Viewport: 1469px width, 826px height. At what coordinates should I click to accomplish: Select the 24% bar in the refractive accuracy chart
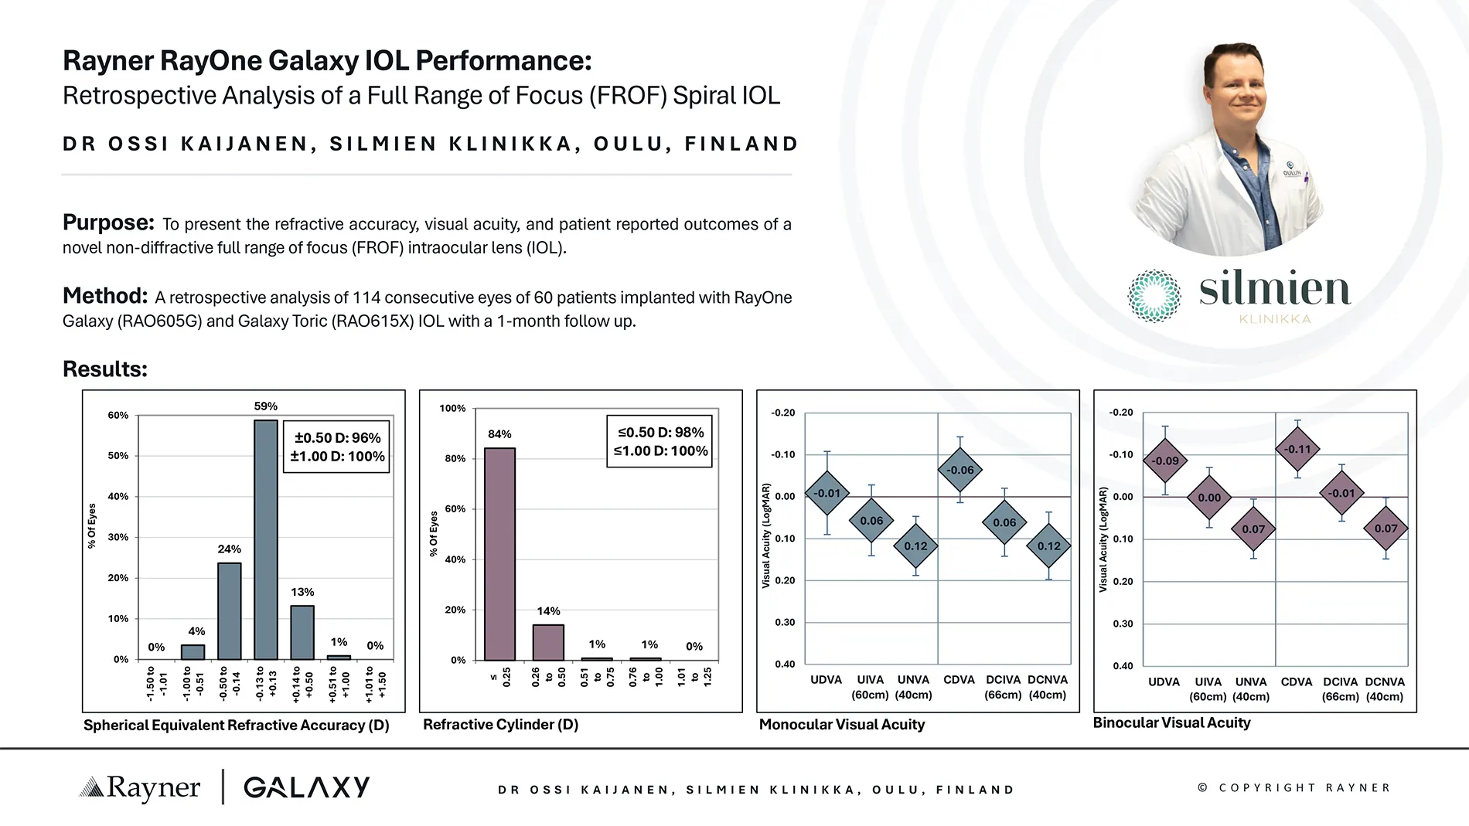tap(229, 610)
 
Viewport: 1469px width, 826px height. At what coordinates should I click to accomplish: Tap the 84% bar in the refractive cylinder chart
tap(499, 554)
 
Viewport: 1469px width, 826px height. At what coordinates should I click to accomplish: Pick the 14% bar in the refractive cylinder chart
tap(548, 642)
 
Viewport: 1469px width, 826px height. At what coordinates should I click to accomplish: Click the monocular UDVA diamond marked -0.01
tap(827, 493)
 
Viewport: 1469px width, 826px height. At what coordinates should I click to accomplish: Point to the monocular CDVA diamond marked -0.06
tap(960, 470)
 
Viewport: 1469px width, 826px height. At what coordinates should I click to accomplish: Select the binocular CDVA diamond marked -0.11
tap(1297, 449)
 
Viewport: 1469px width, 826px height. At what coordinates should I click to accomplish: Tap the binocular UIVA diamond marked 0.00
tap(1209, 498)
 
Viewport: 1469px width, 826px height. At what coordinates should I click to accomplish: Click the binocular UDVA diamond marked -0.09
tap(1165, 461)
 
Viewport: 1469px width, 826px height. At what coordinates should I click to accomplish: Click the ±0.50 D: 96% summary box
tap(336, 447)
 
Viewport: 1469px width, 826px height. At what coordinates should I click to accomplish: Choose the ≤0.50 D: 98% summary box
tap(660, 441)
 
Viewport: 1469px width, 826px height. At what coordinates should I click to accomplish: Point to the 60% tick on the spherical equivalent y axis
tap(118, 415)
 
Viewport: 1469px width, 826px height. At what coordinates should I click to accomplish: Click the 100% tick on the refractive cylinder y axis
tap(452, 408)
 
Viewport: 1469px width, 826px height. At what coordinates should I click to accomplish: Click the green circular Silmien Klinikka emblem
tap(1154, 296)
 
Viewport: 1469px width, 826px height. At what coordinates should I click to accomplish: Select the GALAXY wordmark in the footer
tap(307, 787)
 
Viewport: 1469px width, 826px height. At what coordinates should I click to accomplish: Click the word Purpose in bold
tap(108, 223)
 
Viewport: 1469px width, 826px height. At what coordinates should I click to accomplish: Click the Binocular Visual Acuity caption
tap(1171, 722)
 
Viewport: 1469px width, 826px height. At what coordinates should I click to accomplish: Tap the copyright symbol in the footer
tap(1202, 787)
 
